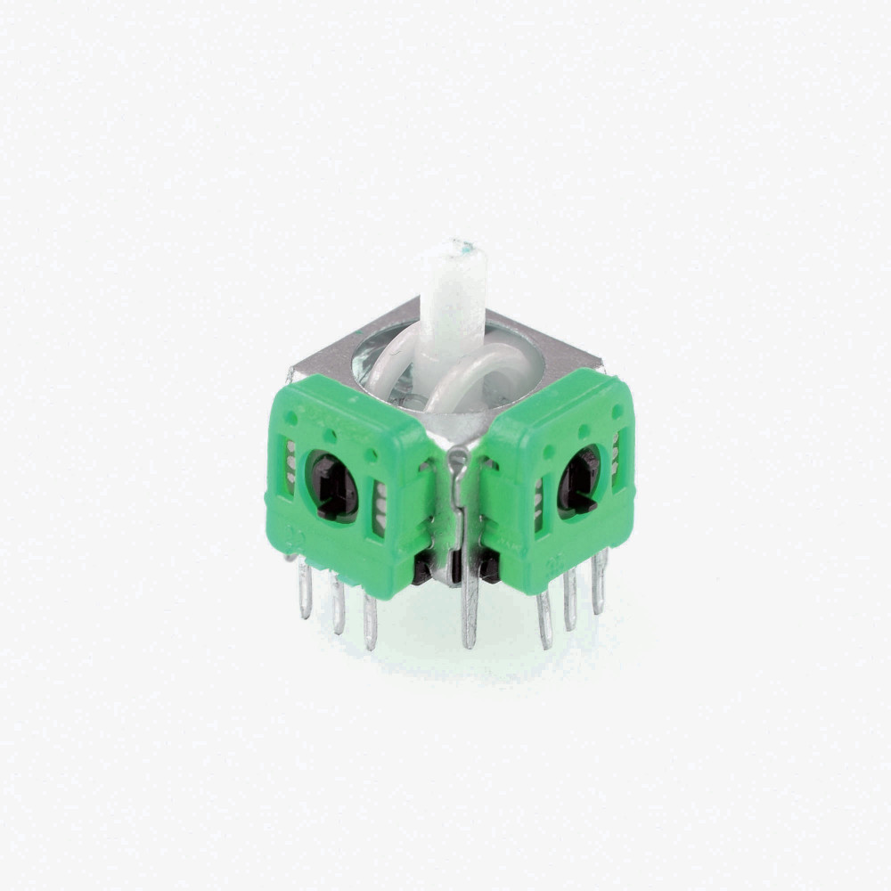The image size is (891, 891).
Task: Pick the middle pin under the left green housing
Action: pos(338,606)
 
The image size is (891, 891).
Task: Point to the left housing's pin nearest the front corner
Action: pos(370,621)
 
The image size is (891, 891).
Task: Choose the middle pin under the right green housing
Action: pos(570,599)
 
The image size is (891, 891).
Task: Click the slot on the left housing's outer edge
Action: pos(290,467)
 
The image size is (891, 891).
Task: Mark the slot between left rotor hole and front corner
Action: pos(380,509)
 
